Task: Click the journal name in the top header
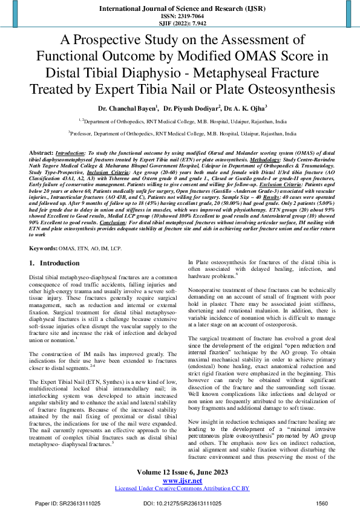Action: point(180,9)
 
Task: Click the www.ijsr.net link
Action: point(180,480)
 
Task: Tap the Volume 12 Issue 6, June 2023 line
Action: point(180,472)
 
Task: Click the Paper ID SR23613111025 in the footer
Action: point(59,503)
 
